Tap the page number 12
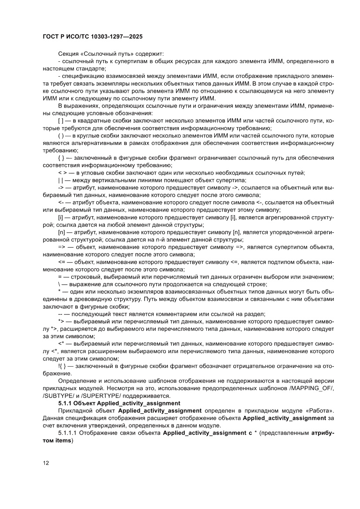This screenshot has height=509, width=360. (46, 463)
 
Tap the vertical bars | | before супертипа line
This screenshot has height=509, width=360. (61, 180)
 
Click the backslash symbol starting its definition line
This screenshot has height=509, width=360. (59, 284)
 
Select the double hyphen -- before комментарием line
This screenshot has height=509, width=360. (61, 314)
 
